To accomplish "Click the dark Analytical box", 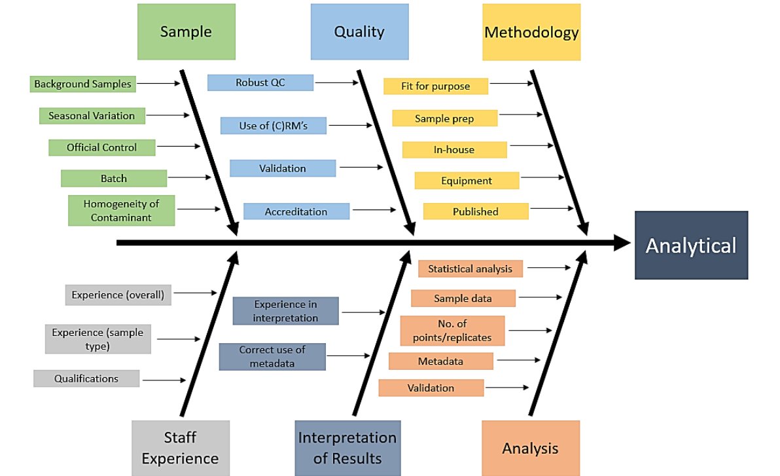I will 691,245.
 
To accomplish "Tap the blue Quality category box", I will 359,32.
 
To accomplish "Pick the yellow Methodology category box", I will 531,32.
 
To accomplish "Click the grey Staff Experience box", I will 180,448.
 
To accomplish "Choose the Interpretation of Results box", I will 347,448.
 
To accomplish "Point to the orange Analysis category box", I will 531,448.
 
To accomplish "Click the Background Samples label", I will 82,84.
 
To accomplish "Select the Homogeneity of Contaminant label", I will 121,210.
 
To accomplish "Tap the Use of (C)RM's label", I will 273,126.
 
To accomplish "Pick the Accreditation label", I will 296,211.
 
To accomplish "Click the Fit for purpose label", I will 435,86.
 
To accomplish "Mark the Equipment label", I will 467,181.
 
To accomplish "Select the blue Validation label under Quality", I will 282,168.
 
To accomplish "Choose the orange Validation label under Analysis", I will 431,388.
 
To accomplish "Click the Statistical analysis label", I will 470,268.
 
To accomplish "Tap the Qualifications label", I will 86,378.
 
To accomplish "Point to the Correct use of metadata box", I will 272,357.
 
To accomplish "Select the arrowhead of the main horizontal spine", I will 622,243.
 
